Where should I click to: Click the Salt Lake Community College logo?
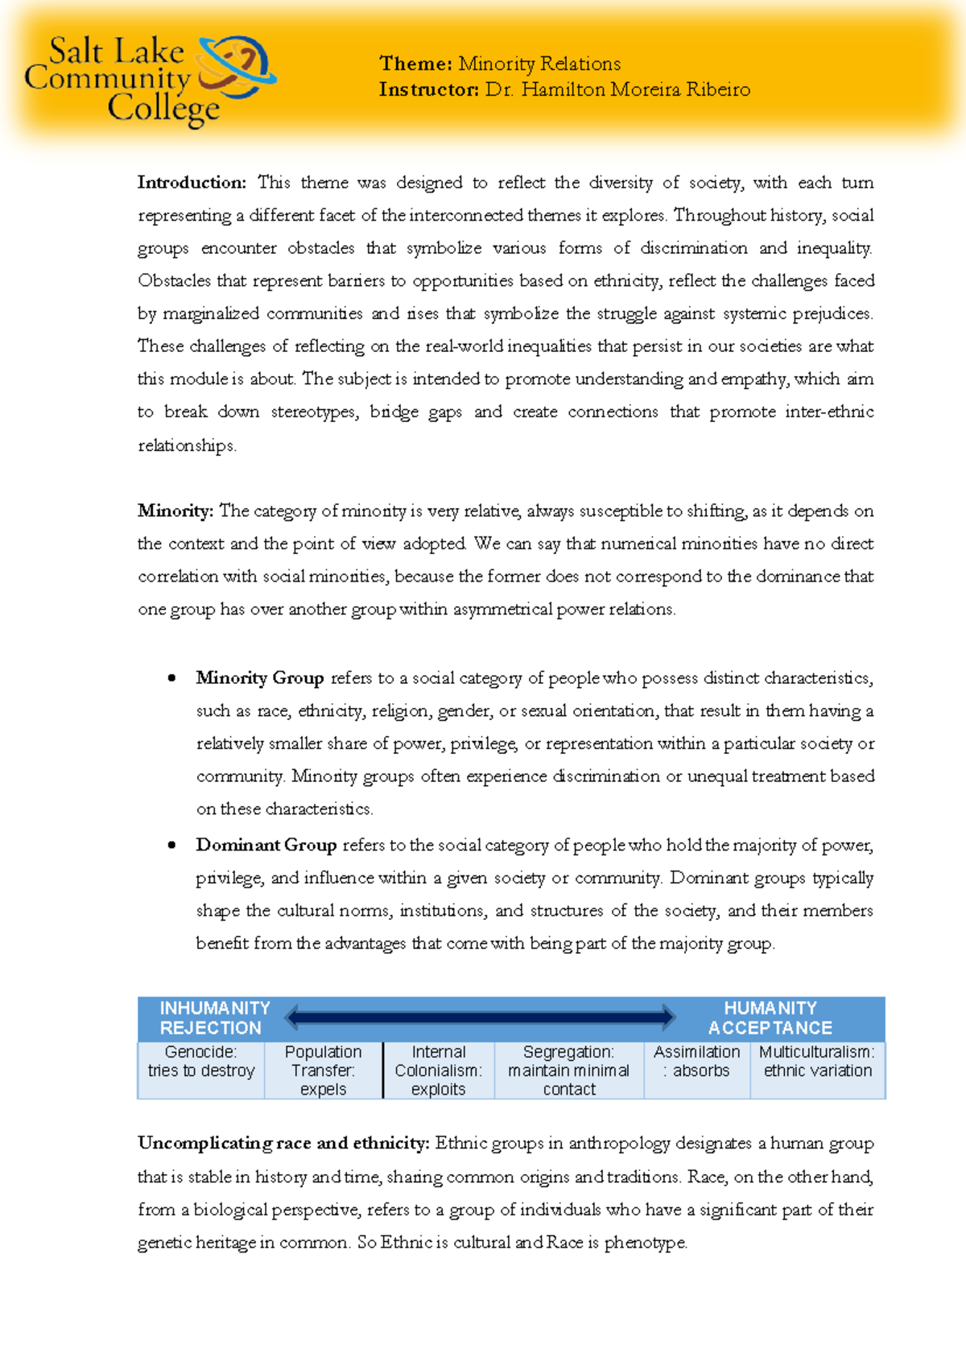point(151,81)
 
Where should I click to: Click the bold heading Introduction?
point(192,183)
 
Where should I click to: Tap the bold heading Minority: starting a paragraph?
point(175,511)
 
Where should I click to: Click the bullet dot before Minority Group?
point(171,678)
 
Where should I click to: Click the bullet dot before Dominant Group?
point(171,845)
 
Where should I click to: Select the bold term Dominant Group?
point(266,845)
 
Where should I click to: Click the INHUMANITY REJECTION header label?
point(213,1018)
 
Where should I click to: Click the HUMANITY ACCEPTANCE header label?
point(770,1018)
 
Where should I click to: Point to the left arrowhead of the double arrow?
point(293,1017)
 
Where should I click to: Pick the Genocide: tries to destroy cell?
point(201,1062)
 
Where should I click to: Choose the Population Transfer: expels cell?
point(323,1070)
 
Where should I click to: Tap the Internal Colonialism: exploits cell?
point(438,1070)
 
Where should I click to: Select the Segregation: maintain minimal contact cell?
point(568,1070)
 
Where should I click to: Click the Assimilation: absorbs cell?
point(696,1062)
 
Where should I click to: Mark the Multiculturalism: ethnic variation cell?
point(817,1062)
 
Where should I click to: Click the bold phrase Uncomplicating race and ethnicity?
point(283,1143)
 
